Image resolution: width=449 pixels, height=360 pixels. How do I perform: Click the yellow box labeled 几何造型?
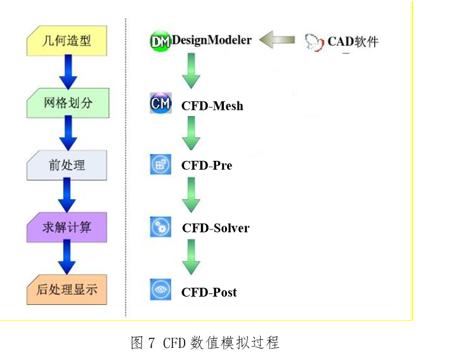[67, 41]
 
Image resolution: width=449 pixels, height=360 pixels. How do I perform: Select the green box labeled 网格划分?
[67, 103]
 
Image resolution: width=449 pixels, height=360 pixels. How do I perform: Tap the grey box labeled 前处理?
[67, 165]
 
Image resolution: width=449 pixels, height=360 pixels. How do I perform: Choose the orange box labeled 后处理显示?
[67, 290]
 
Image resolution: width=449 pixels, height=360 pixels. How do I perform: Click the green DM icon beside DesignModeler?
[160, 41]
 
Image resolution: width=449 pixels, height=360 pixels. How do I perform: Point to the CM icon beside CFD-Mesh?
[160, 103]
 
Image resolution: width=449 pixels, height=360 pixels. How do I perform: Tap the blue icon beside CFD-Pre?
[160, 165]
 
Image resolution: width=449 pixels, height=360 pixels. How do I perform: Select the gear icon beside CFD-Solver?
[160, 227]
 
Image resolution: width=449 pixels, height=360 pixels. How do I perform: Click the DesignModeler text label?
[212, 41]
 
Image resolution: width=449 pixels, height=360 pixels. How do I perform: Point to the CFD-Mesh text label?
[212, 106]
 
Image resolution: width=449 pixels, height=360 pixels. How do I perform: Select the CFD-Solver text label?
[216, 228]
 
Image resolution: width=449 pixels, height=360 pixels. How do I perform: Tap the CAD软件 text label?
[353, 42]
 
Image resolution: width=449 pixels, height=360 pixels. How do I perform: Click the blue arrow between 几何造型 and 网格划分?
[67, 72]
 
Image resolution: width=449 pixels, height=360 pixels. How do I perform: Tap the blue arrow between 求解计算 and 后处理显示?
[67, 258]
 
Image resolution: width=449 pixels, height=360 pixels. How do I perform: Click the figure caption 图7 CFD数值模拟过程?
[205, 343]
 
